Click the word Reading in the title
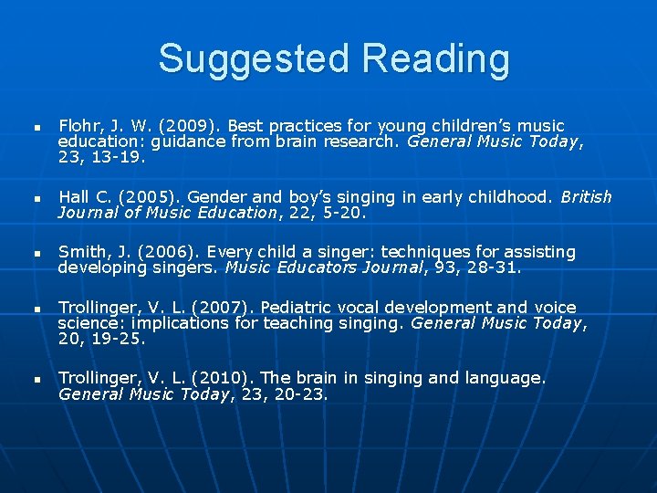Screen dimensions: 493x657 click(x=435, y=59)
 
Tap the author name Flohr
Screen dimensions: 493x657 click(x=78, y=126)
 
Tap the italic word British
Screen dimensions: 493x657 click(x=586, y=197)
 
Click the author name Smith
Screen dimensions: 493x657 click(x=80, y=252)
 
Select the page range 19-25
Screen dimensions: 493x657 click(x=114, y=339)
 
